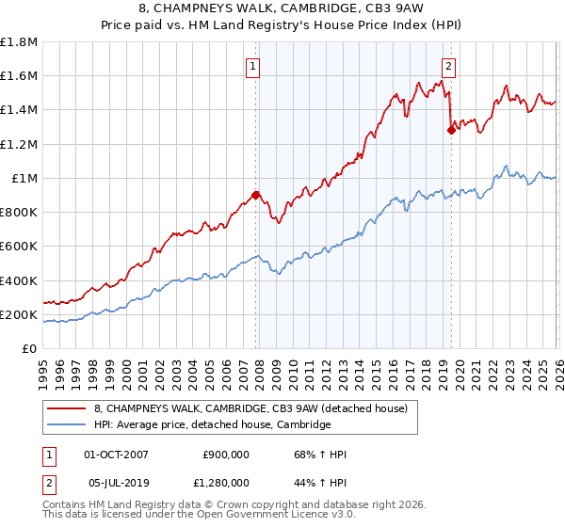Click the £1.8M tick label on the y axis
click(19, 42)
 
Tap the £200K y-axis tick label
click(19, 314)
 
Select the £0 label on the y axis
click(30, 348)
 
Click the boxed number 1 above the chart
click(255, 66)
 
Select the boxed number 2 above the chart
click(449, 66)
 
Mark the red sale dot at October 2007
click(255, 196)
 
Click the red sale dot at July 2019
click(451, 131)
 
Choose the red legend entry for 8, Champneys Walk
click(250, 408)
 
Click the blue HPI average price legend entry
click(212, 425)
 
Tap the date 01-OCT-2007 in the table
click(116, 455)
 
